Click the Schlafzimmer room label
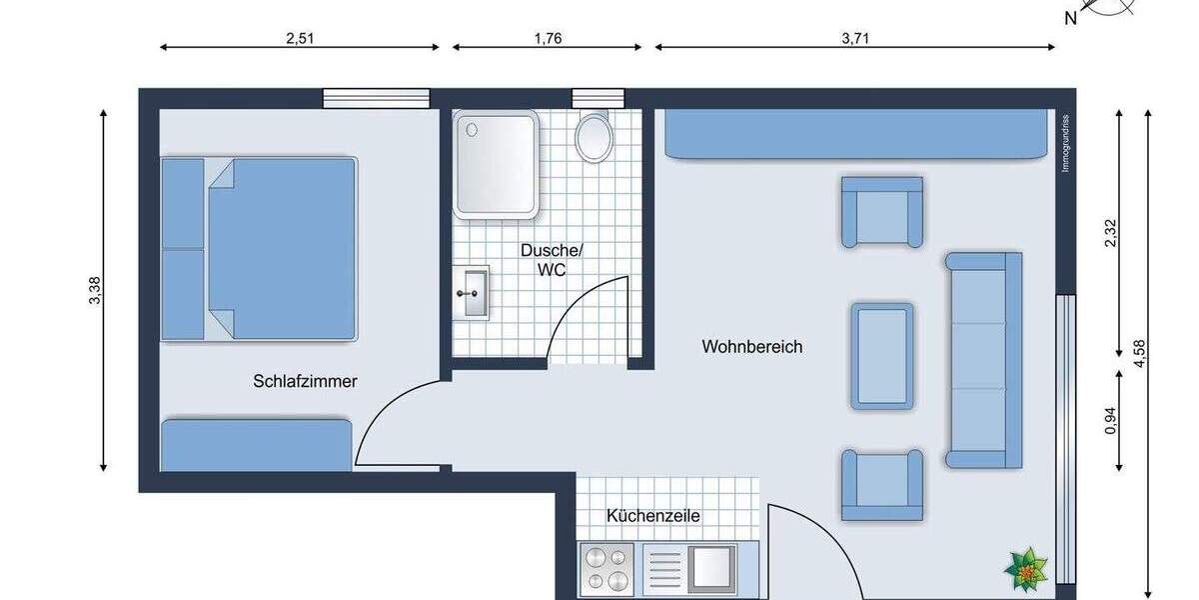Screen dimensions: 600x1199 point(305,381)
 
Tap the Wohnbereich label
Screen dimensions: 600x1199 point(751,348)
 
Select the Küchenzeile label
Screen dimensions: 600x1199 point(652,517)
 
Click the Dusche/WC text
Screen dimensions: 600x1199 point(545,260)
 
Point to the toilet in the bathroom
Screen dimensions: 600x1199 point(595,137)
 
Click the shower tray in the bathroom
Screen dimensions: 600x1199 point(497,164)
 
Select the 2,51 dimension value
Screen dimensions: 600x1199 point(300,40)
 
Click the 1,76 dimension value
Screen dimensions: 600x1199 point(548,40)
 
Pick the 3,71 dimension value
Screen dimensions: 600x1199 point(855,40)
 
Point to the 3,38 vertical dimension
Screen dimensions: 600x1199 point(94,290)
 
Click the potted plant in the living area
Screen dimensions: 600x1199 point(1026,567)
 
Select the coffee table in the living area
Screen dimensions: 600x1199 point(882,356)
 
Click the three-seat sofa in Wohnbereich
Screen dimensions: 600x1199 point(983,360)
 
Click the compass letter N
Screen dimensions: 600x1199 point(1070,18)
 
